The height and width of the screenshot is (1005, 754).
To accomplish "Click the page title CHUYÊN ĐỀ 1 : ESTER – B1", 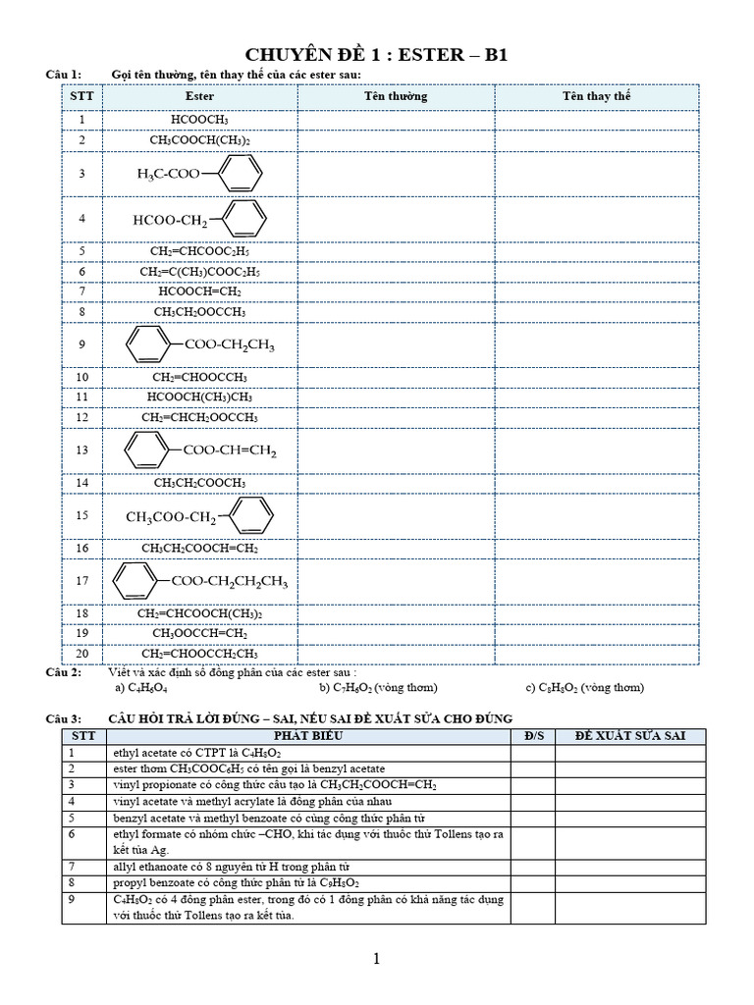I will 377,55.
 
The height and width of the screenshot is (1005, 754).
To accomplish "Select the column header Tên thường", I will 396,97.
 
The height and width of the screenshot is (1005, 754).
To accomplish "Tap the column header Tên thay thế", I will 596,97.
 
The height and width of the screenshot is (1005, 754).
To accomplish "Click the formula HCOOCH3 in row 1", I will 199,120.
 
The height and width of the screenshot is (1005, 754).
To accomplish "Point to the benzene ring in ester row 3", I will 240,174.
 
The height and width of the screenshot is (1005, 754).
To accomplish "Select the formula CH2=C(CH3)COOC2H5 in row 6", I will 199,272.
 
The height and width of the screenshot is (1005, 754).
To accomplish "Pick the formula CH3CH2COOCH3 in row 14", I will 199,483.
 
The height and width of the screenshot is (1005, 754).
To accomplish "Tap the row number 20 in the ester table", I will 81,654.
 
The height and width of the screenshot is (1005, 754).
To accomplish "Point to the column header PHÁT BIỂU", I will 308,735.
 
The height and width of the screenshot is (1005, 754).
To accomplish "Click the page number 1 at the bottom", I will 377,960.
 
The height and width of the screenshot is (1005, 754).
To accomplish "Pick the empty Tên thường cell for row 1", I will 396,120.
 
